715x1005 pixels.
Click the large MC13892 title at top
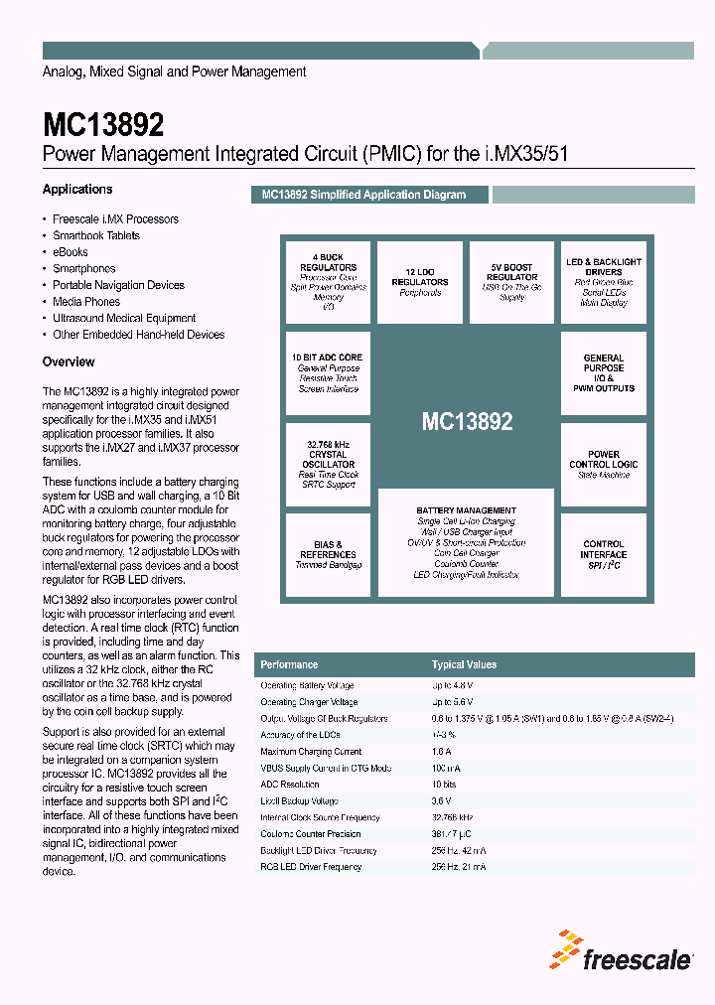(x=103, y=125)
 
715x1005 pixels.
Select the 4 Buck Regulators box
(x=328, y=282)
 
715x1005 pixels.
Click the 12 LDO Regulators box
(x=420, y=282)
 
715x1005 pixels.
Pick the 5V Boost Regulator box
(x=511, y=282)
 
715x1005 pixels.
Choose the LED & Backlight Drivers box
(x=603, y=282)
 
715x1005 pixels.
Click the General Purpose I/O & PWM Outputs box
(x=603, y=373)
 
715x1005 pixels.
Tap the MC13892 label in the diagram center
(x=467, y=421)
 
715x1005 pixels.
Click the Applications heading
(x=77, y=189)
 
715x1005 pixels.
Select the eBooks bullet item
(x=71, y=252)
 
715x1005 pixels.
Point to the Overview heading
(x=69, y=361)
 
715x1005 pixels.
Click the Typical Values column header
(x=464, y=664)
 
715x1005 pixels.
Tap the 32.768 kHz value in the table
(x=453, y=817)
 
